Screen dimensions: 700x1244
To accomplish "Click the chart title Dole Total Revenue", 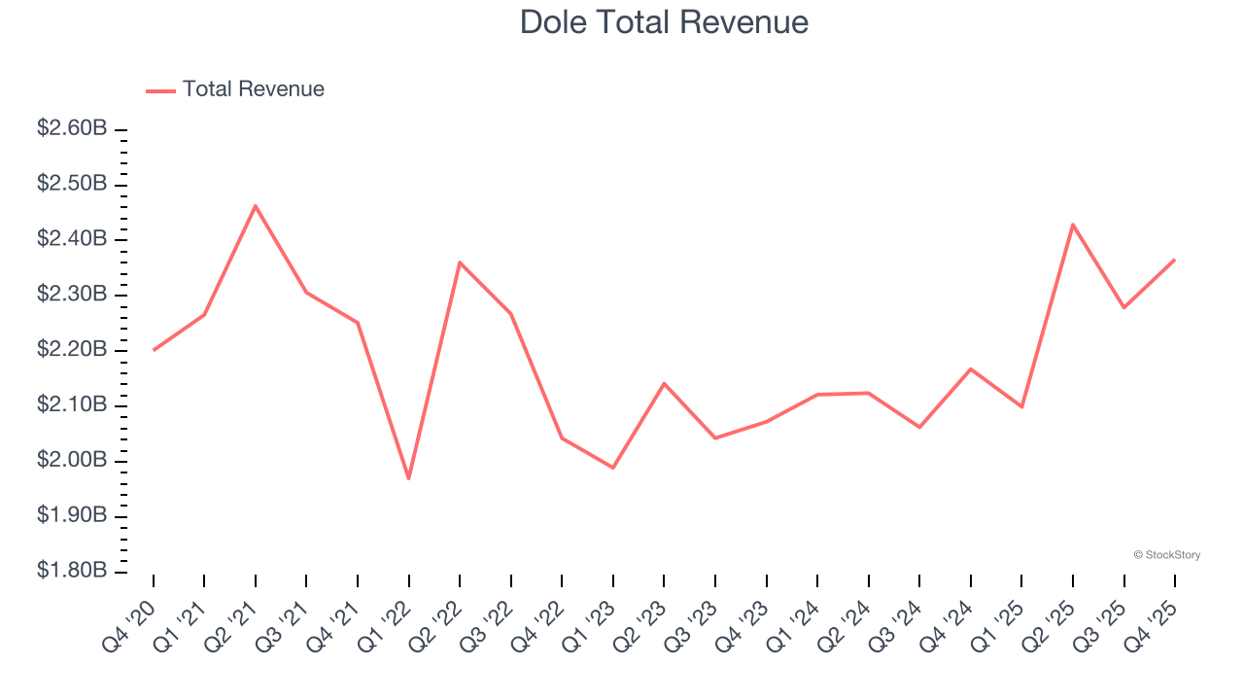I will point(664,21).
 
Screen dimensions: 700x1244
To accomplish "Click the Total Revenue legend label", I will point(253,89).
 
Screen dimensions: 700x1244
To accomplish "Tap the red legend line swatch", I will point(160,90).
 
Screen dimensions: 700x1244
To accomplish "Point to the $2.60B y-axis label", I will point(72,128).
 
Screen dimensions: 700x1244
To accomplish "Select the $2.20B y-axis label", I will point(72,349).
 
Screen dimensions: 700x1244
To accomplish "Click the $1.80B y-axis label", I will point(72,571).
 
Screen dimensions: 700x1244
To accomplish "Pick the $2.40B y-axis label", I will point(72,239).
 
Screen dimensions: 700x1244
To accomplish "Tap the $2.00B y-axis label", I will point(72,460).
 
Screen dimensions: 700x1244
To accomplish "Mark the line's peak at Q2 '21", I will point(255,205).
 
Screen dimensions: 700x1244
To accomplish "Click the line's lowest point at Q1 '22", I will point(408,478).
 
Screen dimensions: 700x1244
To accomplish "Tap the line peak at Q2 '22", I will point(460,262).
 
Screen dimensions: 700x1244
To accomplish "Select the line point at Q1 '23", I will point(613,468).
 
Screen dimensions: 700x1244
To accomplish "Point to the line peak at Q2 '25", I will point(1073,225).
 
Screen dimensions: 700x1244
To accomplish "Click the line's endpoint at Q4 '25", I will point(1174,260).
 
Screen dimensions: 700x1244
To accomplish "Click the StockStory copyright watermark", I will point(1166,555).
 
